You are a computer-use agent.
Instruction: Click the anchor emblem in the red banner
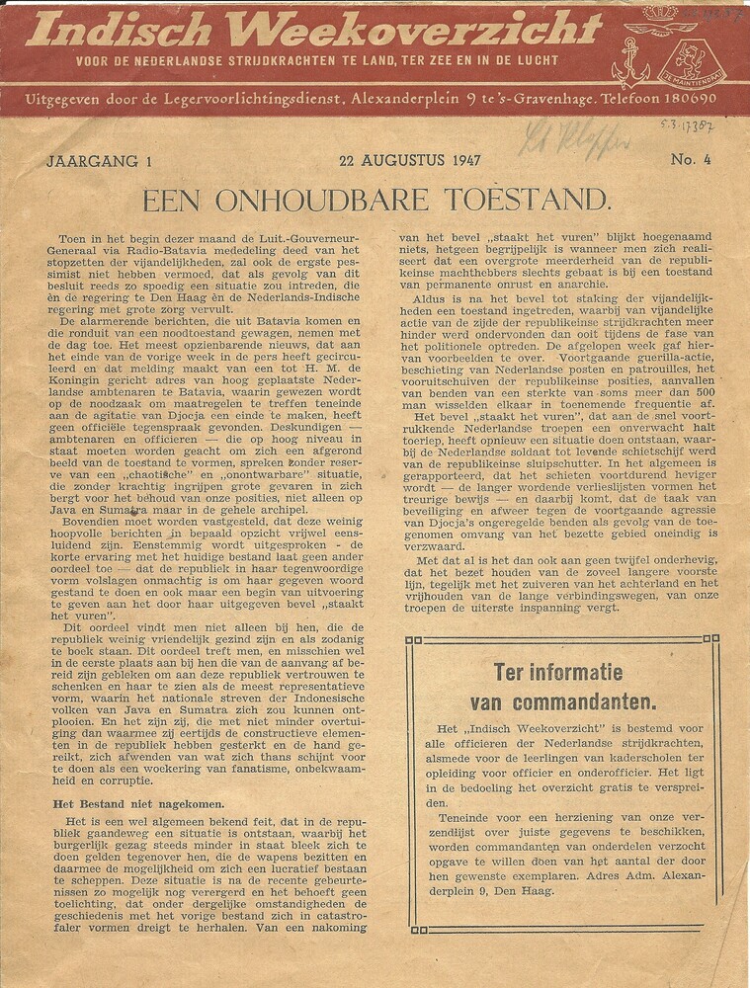631,62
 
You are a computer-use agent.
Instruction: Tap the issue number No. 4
684,160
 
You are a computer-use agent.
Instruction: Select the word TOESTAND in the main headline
534,202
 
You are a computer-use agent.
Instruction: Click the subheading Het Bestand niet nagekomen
138,804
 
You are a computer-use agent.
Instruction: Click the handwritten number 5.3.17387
688,126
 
